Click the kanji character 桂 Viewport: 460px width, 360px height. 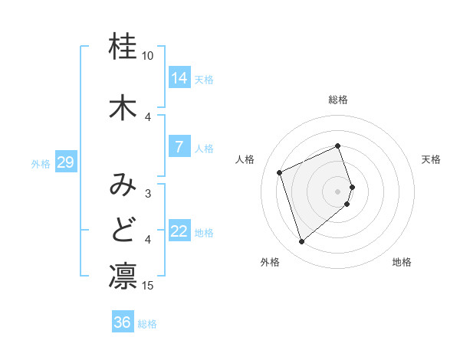(x=123, y=46)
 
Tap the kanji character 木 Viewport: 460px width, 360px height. (x=123, y=106)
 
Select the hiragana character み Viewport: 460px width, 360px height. (x=123, y=185)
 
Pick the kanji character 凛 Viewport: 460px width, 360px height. (x=123, y=277)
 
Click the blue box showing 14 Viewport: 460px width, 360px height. (x=179, y=78)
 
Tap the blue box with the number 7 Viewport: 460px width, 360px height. (x=179, y=147)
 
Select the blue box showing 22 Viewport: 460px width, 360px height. (x=179, y=232)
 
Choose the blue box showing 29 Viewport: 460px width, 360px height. (x=66, y=162)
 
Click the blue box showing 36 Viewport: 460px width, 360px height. (x=123, y=322)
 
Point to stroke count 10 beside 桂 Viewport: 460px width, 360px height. (x=148, y=56)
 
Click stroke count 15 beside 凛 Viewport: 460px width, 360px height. (x=148, y=286)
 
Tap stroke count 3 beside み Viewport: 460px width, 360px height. (x=148, y=194)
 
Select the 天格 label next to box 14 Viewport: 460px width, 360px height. (x=204, y=79)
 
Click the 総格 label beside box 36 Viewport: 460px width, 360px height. (x=147, y=323)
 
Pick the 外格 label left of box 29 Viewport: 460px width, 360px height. (x=40, y=163)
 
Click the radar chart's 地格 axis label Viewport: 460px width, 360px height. (x=402, y=263)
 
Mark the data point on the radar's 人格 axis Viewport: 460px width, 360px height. (x=280, y=172)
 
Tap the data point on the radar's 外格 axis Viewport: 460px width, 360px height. (x=301, y=241)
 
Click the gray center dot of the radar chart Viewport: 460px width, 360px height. (x=338, y=191)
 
